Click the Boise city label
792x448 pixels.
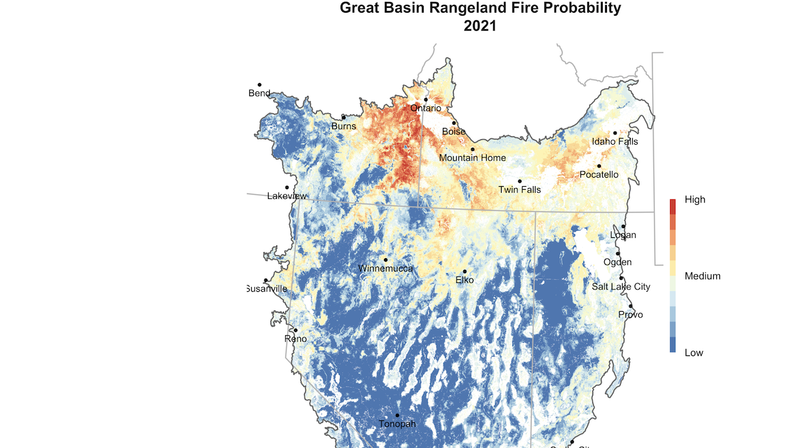454,132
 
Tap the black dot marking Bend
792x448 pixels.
260,85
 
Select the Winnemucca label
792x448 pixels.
385,268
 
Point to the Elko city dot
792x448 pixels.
465,271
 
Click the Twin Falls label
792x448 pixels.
519,190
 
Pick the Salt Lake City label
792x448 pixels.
621,286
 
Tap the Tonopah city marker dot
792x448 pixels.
397,416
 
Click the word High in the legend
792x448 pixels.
695,199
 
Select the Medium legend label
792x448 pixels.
702,276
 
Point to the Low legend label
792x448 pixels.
693,353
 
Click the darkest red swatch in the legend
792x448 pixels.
673,207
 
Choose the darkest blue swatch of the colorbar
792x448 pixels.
673,345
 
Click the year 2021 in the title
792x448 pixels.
480,26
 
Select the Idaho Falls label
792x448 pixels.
615,142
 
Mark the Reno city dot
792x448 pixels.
296,330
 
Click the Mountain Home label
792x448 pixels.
472,158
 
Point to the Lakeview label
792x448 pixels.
287,196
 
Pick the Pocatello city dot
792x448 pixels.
599,166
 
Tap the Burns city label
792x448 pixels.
344,126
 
